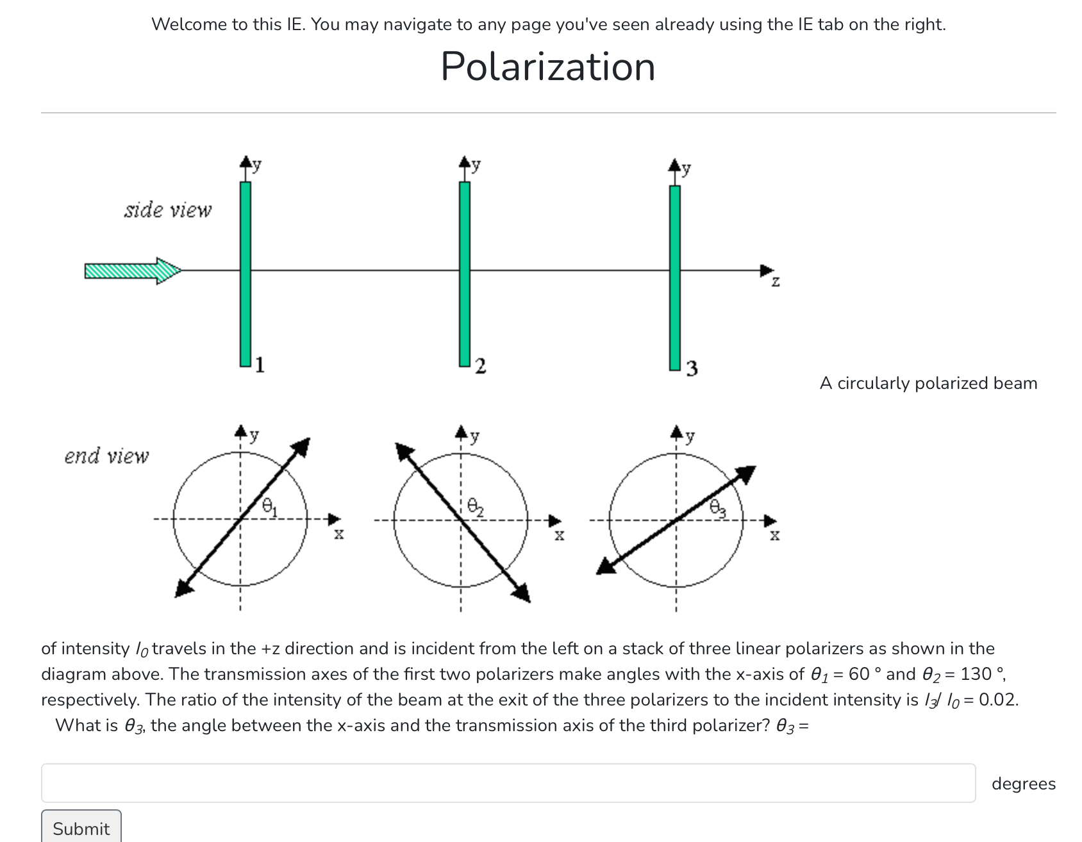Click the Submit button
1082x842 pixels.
(x=81, y=828)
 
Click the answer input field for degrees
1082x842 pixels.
(x=508, y=783)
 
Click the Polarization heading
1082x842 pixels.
(x=548, y=66)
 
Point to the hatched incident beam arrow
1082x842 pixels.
(x=133, y=271)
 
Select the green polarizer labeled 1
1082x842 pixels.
(x=246, y=274)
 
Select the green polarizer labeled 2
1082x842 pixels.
(x=465, y=274)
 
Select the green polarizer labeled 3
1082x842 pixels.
(x=675, y=277)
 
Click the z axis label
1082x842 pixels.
(x=776, y=281)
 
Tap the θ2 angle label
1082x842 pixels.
(x=475, y=507)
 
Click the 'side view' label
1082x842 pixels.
(x=168, y=210)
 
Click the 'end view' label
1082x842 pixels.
(x=106, y=456)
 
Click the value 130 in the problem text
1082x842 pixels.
(x=976, y=674)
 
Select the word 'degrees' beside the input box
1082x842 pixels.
(x=1024, y=784)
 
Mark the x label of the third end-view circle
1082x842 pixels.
(x=775, y=534)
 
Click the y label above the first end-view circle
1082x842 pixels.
(x=254, y=435)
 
